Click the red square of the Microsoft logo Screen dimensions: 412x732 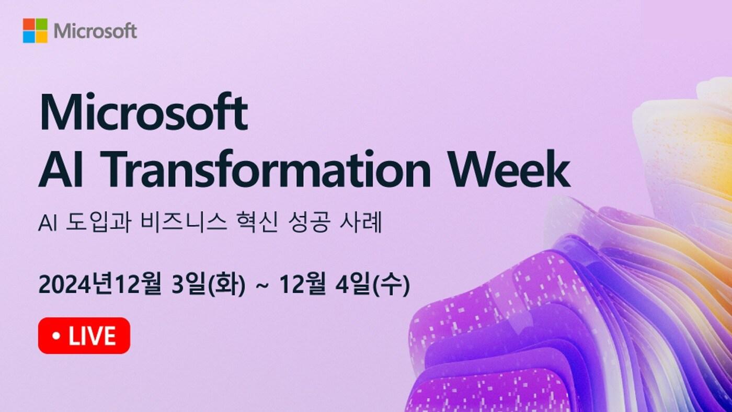(29, 24)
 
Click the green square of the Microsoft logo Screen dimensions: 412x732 (41, 24)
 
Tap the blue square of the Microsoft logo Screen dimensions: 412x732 (29, 37)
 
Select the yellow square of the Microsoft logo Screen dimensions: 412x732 (41, 37)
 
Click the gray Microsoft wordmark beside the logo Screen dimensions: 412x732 (95, 31)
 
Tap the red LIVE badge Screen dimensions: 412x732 (84, 336)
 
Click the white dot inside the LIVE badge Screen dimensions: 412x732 (56, 336)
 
